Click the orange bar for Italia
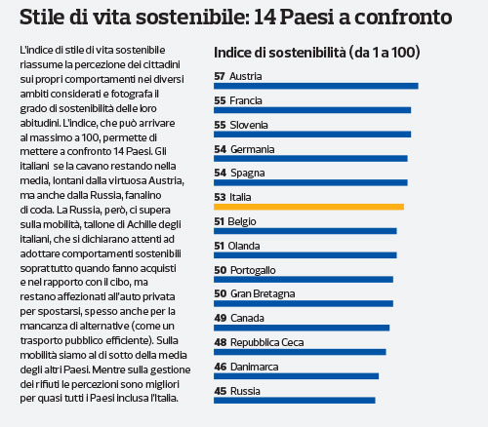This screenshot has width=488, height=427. pos(308,207)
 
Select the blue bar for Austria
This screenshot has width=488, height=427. pos(316,86)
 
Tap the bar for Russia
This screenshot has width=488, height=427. pos(295,401)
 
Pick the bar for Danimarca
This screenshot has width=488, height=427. pos(296,376)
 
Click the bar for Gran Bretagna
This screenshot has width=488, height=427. pos(304,303)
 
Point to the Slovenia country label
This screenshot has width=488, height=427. pos(249,125)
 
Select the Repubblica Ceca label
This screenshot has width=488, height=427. pos(267,342)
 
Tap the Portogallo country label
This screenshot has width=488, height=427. pos(253,270)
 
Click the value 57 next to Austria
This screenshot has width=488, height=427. pos(220,76)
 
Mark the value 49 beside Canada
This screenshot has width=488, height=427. pos(221,318)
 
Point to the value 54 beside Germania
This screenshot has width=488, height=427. pos(221,149)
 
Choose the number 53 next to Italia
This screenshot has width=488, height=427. pos(220,197)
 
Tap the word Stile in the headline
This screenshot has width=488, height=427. pos(42,18)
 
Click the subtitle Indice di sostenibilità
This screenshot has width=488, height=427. pos(280,53)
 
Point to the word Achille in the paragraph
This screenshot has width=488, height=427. pos(143,224)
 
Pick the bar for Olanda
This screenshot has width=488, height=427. pos(305,255)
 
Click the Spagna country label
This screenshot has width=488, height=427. pos(248,174)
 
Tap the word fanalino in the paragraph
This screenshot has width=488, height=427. pos(143,195)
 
